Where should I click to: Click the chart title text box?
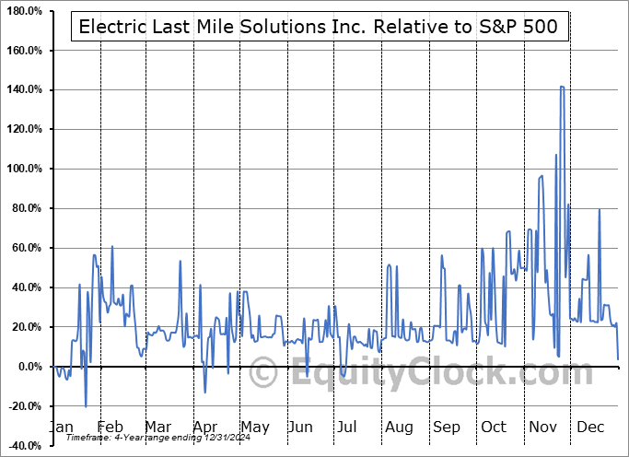318,27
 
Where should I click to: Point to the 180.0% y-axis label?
23,10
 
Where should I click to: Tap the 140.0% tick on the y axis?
23,89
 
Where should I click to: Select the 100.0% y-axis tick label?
23,169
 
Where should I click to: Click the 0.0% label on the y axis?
28,367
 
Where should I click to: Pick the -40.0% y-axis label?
23,446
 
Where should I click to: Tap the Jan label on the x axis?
62,428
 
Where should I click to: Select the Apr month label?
205,428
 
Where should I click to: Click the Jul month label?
347,428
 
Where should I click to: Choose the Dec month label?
591,428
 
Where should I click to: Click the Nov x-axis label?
542,428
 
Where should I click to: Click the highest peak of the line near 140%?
562,87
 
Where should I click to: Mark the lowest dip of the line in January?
86,406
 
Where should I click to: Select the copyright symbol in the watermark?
264,375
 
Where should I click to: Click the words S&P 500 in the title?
521,27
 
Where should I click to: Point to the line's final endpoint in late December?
618,358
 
